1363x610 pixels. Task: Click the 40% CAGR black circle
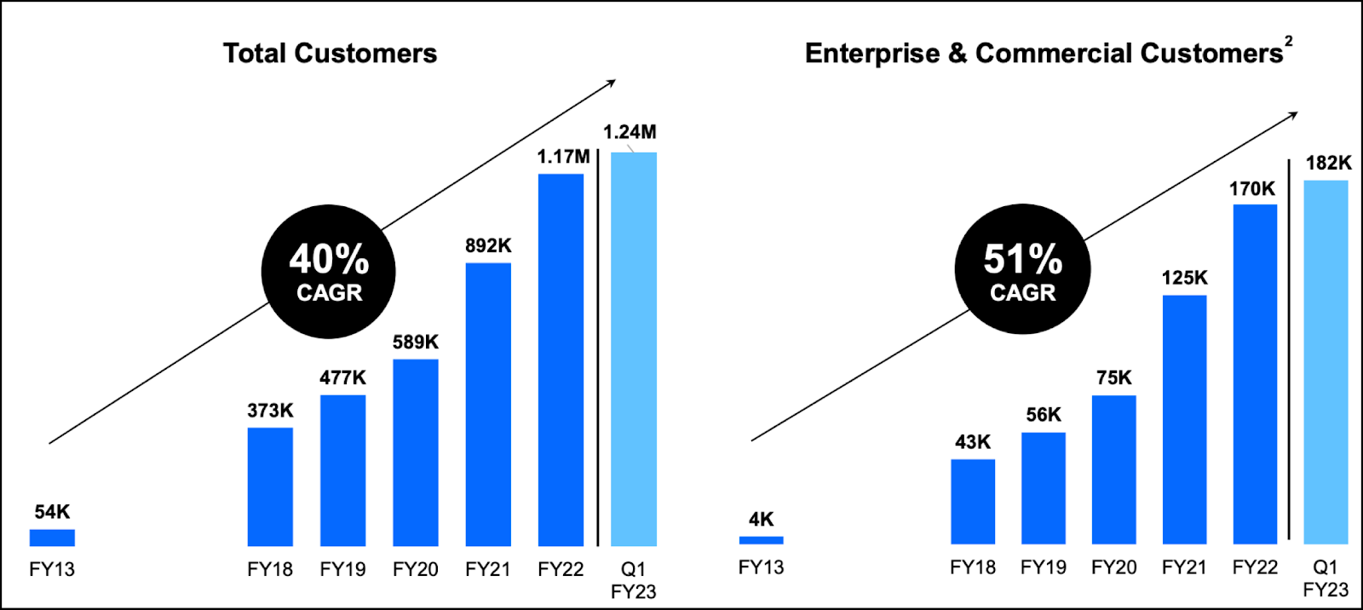point(329,272)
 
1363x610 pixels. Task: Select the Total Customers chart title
point(330,53)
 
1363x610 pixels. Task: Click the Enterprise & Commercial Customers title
point(1044,53)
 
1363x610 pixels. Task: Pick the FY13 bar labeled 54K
point(52,538)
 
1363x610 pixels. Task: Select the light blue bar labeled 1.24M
point(634,349)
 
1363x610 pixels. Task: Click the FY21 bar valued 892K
point(488,405)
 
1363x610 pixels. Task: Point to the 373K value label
point(270,411)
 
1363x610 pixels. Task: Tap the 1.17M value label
point(563,157)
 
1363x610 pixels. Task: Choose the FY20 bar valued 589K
point(416,452)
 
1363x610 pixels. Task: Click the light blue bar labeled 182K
point(1326,362)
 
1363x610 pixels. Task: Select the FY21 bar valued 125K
point(1184,419)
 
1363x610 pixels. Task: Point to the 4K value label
point(761,520)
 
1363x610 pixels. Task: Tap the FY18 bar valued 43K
point(973,502)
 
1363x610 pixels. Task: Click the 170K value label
point(1252,189)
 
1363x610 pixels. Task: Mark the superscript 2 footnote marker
point(1289,40)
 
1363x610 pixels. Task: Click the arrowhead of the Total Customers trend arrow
point(612,83)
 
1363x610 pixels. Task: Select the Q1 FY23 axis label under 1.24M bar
point(634,580)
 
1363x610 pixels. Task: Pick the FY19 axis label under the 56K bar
point(1044,567)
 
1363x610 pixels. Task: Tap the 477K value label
point(342,377)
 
